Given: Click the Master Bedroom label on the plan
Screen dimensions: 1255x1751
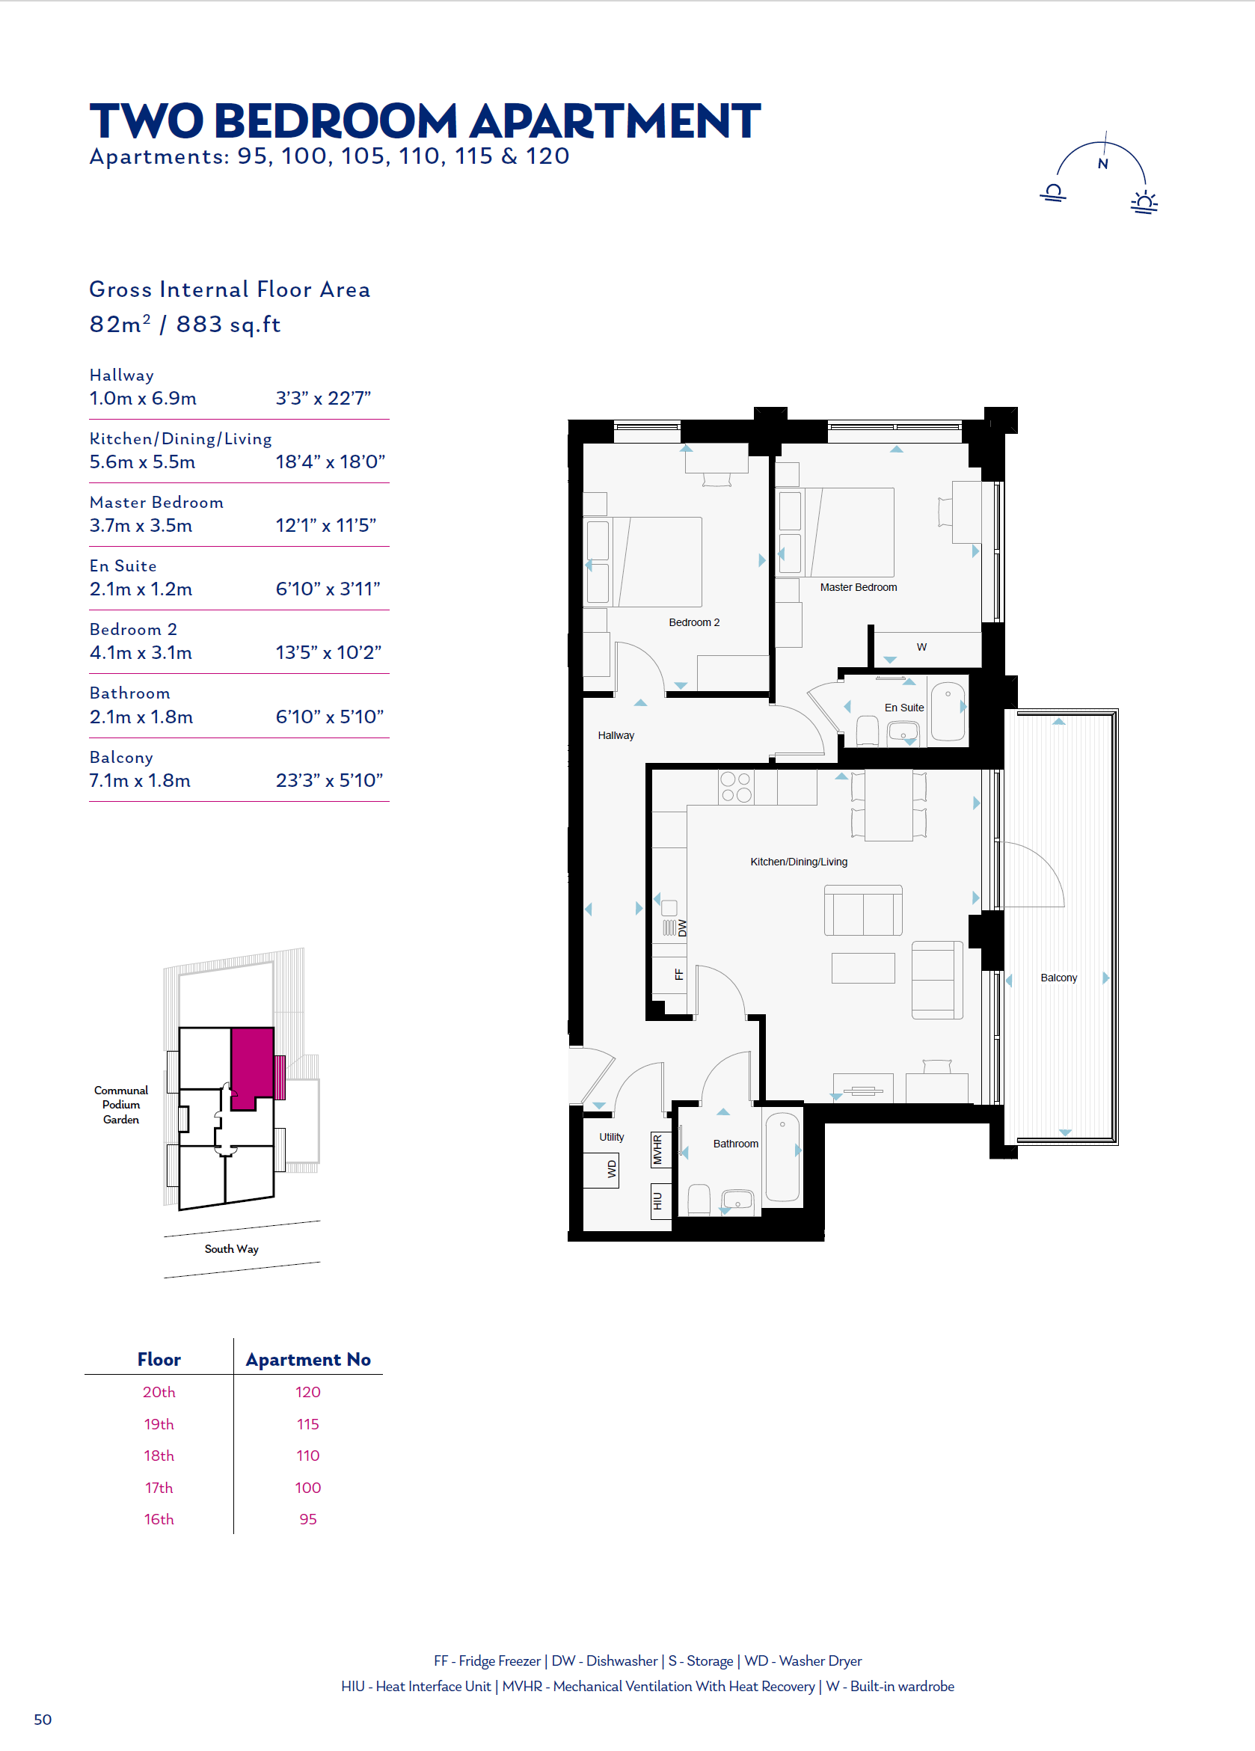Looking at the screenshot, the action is click(x=859, y=587).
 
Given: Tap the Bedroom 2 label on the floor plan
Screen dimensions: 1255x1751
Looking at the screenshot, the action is click(x=694, y=622).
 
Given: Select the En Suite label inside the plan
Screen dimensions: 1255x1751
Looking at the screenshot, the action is click(x=903, y=707).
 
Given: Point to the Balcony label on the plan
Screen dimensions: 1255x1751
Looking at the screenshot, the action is click(x=1058, y=978).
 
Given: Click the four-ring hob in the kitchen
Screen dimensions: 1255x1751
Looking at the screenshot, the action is click(x=735, y=787).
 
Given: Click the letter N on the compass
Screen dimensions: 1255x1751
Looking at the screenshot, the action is click(x=1103, y=164).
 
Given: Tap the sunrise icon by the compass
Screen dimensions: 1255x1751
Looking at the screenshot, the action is click(x=1144, y=202).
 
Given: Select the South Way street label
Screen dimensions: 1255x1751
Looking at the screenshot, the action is click(x=232, y=1248).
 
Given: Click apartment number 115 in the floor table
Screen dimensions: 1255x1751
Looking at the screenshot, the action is click(x=308, y=1423).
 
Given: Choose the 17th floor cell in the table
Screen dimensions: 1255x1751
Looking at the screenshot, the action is click(x=159, y=1487).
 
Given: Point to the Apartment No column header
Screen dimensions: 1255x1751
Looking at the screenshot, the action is click(x=308, y=1359).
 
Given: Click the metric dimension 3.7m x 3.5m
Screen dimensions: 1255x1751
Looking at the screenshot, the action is click(x=141, y=525).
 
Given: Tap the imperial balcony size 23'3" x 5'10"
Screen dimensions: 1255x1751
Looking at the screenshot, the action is click(x=330, y=780).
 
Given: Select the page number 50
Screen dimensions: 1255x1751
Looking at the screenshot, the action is click(x=43, y=1720).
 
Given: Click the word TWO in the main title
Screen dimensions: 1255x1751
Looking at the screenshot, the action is click(x=147, y=121).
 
